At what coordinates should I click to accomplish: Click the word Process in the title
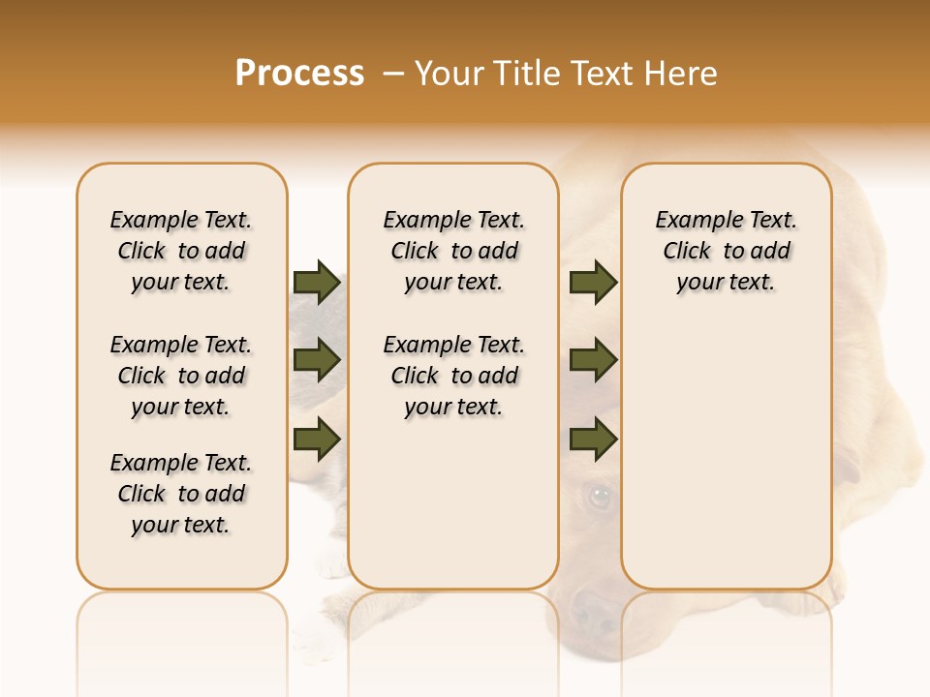(299, 74)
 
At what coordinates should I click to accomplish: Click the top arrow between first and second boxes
(317, 282)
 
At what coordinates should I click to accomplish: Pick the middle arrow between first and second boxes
(317, 360)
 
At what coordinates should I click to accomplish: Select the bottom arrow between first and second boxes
(317, 439)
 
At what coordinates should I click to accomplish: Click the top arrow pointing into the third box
(593, 282)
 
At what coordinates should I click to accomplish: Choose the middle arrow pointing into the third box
(593, 360)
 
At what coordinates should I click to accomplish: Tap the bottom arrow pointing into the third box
(593, 439)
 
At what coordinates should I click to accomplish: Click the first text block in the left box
(181, 251)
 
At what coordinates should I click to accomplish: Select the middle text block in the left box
(181, 376)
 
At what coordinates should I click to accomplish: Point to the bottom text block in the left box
(181, 494)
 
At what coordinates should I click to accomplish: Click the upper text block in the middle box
(453, 251)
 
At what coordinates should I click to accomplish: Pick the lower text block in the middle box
(453, 376)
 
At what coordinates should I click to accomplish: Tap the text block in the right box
(726, 251)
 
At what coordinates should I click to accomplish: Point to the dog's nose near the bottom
(591, 610)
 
